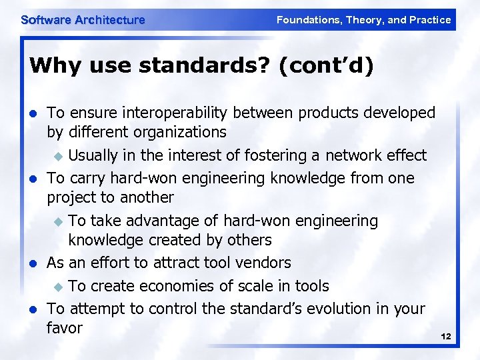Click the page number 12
click(446, 337)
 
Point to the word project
click(73, 198)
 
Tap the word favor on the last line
click(65, 328)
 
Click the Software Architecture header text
click(83, 20)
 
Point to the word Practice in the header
click(430, 20)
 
